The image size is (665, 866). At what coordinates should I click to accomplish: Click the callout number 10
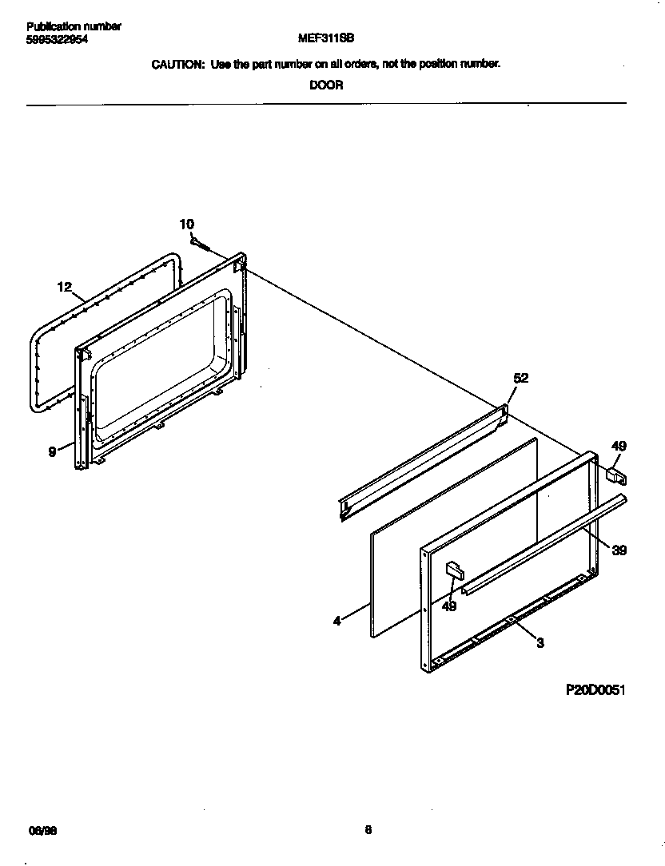186,224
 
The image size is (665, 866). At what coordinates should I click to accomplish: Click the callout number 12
65,287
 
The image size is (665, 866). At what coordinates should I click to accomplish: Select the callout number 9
52,451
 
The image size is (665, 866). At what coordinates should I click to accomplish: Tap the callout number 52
520,379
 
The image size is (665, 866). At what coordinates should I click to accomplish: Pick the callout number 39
619,550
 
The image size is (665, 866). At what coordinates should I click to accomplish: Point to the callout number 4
337,620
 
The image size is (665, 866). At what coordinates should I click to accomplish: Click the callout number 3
540,642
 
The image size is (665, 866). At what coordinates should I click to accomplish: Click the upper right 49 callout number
619,446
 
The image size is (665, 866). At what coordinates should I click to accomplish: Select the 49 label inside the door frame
450,607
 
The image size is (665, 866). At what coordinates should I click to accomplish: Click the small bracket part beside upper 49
616,476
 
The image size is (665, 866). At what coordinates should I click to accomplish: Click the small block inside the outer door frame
453,569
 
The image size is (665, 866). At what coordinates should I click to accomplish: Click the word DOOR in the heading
326,85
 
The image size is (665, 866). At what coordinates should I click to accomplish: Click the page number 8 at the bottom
368,829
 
